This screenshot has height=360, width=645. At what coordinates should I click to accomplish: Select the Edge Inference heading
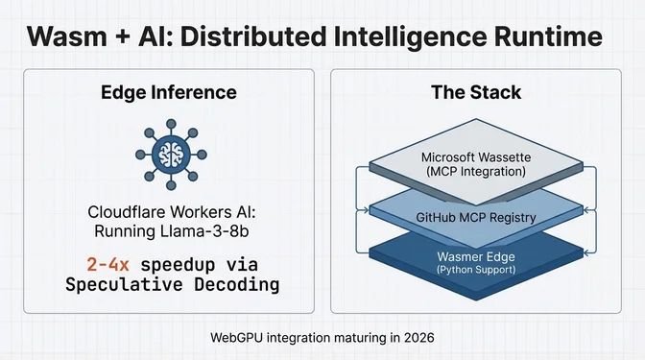point(168,92)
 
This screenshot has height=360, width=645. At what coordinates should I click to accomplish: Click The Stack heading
point(475,92)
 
